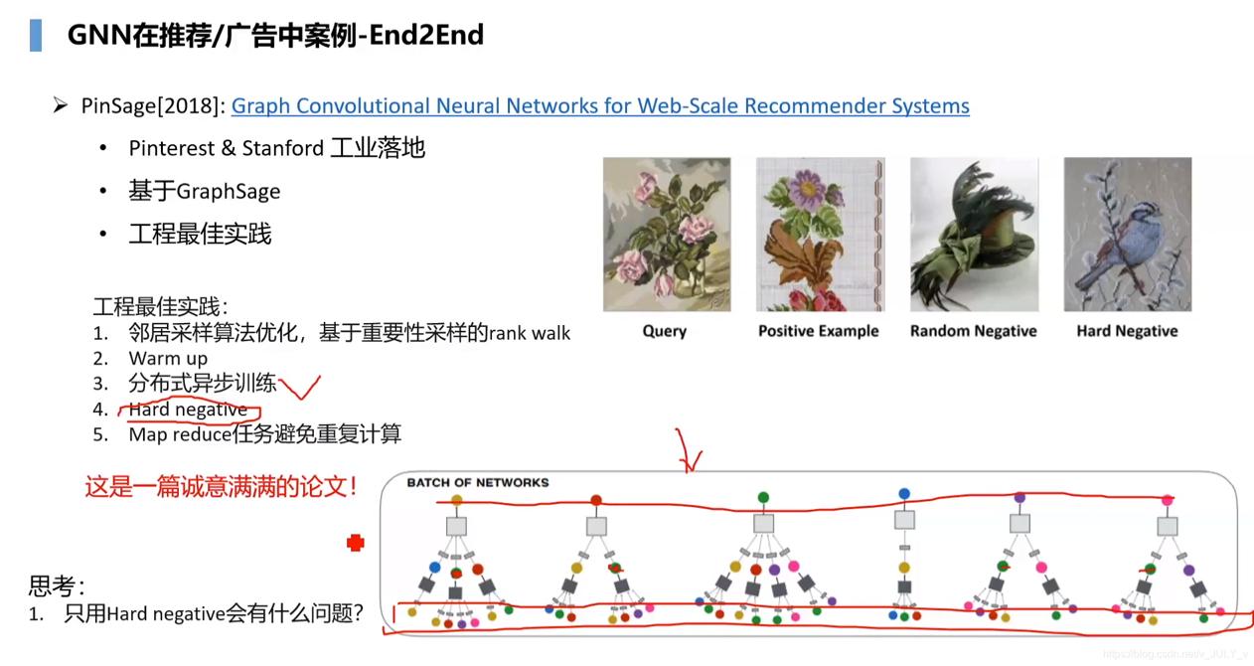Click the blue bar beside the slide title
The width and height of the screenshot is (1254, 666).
(35, 36)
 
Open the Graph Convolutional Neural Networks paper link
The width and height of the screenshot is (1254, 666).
(600, 106)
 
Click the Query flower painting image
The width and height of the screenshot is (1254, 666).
(666, 235)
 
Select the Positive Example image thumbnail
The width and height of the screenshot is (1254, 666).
(820, 235)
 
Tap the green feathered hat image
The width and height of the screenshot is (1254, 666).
(974, 235)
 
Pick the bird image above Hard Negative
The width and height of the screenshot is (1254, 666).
(1128, 235)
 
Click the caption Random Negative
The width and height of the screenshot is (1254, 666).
(974, 331)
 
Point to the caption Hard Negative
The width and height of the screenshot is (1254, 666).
(1128, 331)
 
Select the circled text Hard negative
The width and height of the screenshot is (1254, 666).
(188, 410)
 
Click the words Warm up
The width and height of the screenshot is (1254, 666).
(168, 358)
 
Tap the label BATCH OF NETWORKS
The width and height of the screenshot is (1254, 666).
(478, 483)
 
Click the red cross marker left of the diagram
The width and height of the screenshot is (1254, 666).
(356, 542)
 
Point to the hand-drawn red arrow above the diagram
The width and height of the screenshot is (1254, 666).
(688, 451)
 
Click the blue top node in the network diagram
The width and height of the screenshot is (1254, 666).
(904, 493)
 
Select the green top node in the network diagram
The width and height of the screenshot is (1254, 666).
(763, 497)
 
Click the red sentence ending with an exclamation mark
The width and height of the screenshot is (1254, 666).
(222, 486)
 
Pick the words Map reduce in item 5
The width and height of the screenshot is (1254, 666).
(180, 434)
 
